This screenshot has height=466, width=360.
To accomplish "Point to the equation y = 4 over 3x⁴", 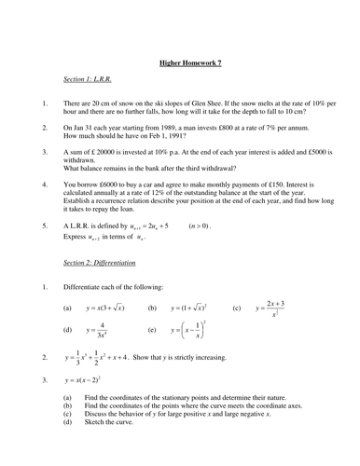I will [100, 330].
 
